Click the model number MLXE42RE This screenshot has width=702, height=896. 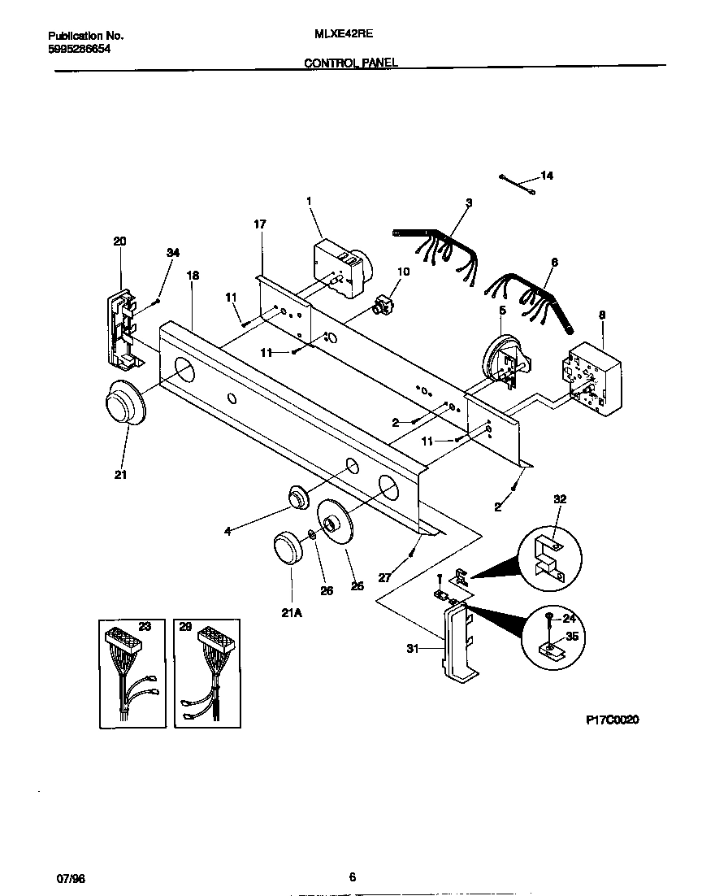click(x=338, y=36)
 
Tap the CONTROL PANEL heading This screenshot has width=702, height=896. click(x=351, y=63)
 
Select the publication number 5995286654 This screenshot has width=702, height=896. click(x=79, y=49)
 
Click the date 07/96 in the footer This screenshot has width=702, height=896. click(x=71, y=877)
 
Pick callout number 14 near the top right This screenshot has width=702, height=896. click(x=546, y=176)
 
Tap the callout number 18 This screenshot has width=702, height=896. click(x=193, y=276)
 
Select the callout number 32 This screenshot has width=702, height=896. click(x=559, y=498)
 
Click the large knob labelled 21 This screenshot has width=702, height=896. click(x=123, y=404)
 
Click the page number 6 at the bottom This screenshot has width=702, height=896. click(x=351, y=876)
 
